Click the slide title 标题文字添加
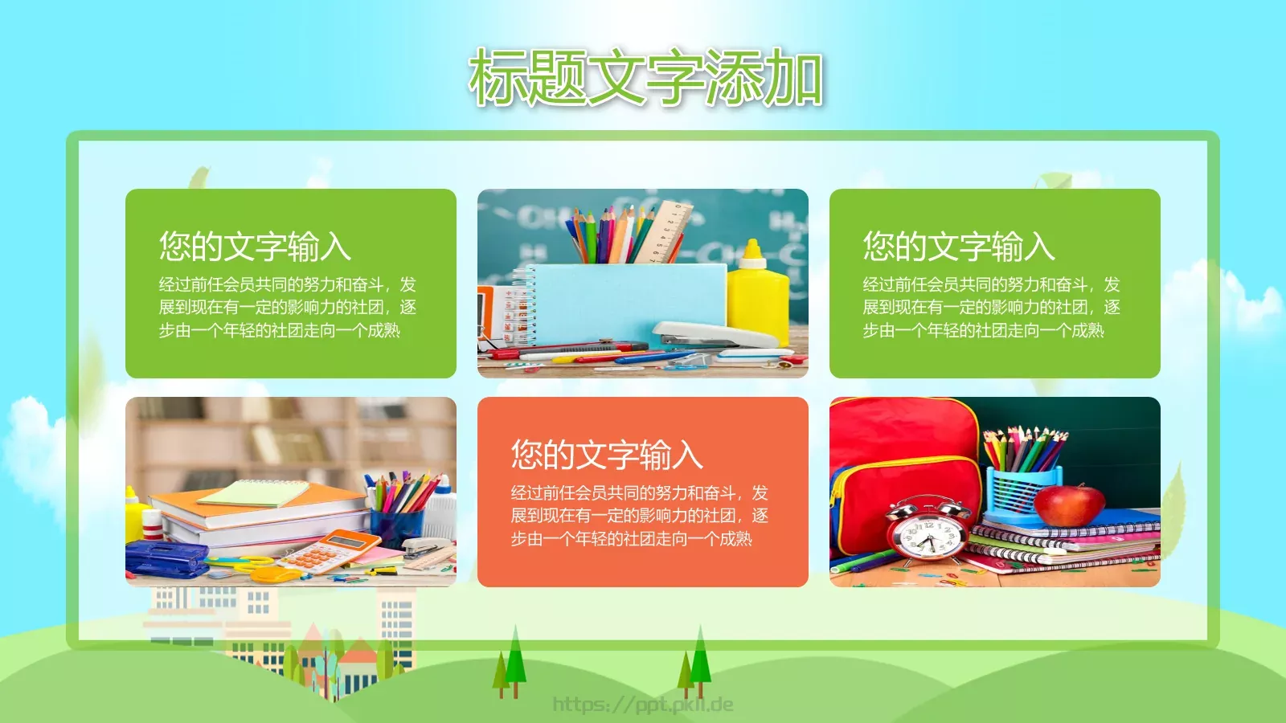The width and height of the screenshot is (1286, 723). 645,77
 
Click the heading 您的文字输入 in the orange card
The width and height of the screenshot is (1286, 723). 607,455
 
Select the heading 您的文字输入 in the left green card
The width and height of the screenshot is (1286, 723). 255,247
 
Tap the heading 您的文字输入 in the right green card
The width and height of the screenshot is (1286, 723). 959,247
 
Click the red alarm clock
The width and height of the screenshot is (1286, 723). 925,529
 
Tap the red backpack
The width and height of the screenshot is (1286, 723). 900,466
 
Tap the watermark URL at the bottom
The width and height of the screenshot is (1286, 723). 643,705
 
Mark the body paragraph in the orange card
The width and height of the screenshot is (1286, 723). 639,516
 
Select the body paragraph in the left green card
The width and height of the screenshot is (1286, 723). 287,308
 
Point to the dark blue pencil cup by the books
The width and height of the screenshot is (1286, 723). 396,526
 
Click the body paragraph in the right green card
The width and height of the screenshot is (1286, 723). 991,308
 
